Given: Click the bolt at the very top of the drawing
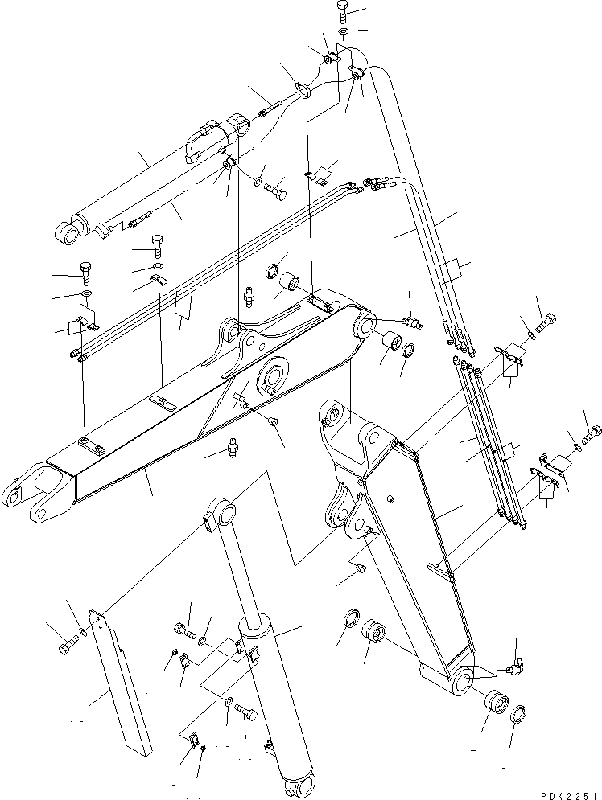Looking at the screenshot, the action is pyautogui.click(x=342, y=12).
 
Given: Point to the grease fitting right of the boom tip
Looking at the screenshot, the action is pyautogui.click(x=414, y=322).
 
